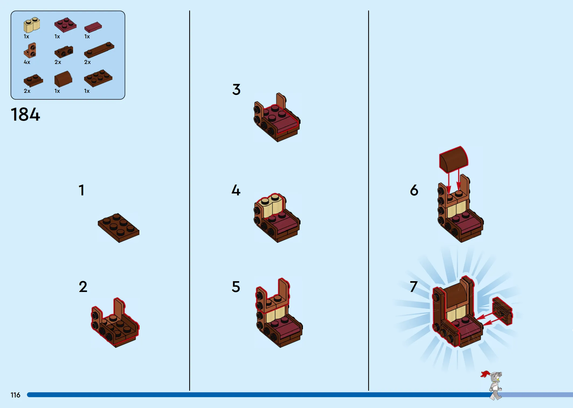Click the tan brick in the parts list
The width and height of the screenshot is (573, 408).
click(x=32, y=25)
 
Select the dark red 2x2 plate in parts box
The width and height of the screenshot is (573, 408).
click(x=65, y=25)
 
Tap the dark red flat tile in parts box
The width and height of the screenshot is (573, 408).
click(x=93, y=27)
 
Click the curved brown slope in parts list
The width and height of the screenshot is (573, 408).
click(x=63, y=79)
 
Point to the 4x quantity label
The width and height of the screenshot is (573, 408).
click(x=27, y=62)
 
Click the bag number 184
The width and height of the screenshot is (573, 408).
click(x=25, y=114)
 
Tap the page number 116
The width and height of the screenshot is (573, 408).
click(x=15, y=395)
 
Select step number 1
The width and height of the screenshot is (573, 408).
click(x=81, y=190)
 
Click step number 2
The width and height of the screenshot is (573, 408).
click(x=83, y=287)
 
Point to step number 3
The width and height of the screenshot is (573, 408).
click(x=236, y=89)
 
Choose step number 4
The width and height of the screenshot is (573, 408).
click(x=236, y=190)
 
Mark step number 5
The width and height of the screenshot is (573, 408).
click(x=236, y=287)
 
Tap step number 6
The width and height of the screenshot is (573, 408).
click(x=414, y=190)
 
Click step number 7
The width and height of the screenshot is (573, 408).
click(x=414, y=287)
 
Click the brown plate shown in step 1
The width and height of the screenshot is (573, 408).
click(x=119, y=228)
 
